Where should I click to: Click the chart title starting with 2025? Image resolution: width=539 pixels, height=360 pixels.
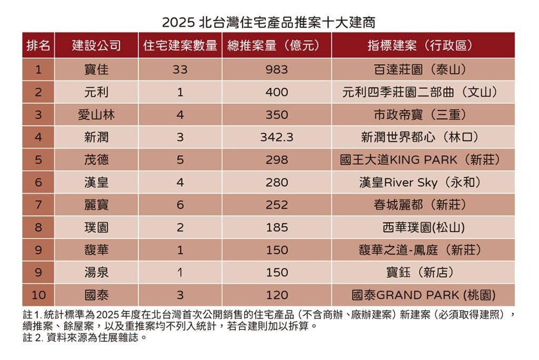tap(269, 23)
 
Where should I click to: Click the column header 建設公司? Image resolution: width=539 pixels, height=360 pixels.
tap(96, 46)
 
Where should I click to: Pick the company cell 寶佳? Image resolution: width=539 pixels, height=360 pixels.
tap(96, 69)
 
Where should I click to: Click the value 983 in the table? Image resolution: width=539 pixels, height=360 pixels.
tap(276, 69)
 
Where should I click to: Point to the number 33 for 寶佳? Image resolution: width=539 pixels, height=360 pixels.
tap(180, 69)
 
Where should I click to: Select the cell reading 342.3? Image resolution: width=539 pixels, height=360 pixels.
tap(276, 137)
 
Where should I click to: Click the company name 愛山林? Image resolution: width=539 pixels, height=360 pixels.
tap(96, 115)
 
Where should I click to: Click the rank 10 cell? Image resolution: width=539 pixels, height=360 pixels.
tap(38, 295)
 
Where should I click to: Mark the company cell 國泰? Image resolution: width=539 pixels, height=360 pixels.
tap(96, 295)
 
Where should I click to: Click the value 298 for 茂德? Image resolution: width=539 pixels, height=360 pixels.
tap(276, 160)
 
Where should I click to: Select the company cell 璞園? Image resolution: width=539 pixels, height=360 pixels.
tap(96, 228)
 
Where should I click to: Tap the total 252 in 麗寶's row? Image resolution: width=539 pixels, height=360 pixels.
tap(276, 205)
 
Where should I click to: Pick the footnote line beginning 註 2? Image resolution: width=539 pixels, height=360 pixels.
tap(85, 337)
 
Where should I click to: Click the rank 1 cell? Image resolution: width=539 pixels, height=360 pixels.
tap(38, 69)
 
